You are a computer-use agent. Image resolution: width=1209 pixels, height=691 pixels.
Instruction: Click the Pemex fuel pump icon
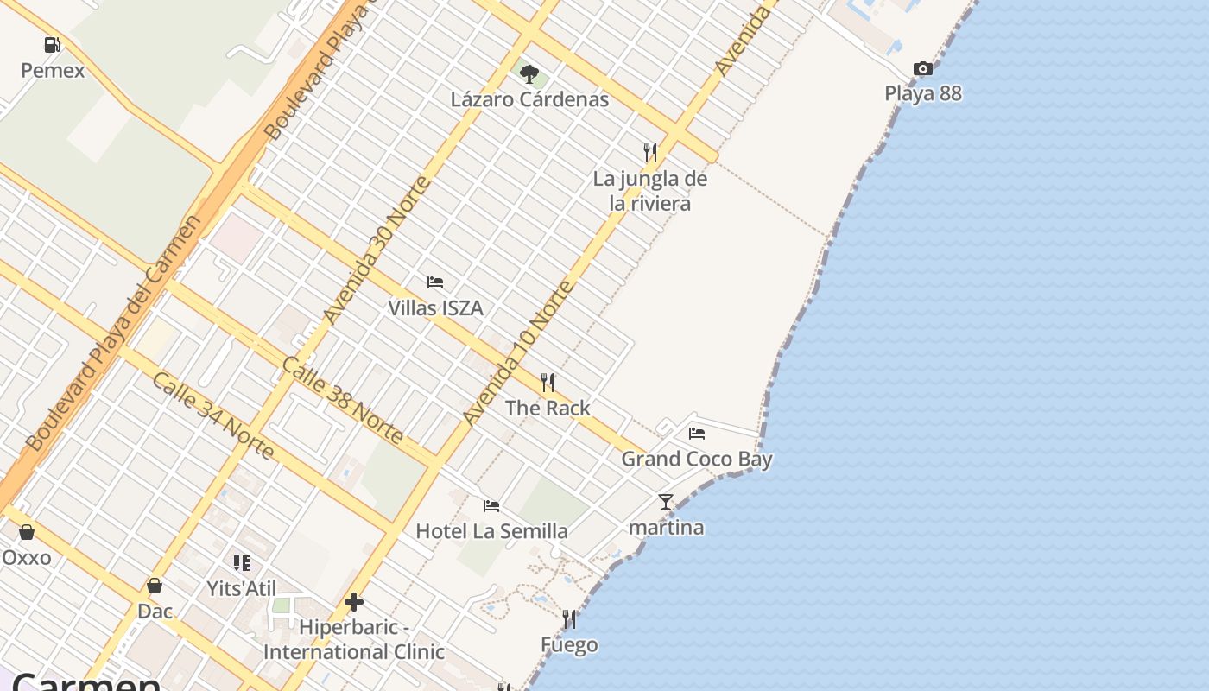(53, 45)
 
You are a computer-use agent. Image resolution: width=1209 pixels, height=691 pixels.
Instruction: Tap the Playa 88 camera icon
(922, 69)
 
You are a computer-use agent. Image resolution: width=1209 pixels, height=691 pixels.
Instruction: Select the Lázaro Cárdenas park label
(529, 99)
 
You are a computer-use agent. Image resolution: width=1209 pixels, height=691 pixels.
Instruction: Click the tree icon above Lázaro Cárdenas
(529, 74)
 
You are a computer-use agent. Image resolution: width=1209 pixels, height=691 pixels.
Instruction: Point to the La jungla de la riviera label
(649, 191)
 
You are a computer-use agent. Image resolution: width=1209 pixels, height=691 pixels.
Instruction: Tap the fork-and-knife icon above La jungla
(650, 153)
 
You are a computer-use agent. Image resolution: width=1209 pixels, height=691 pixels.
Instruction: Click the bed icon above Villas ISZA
(435, 282)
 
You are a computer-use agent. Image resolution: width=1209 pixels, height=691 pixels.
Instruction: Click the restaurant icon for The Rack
(547, 383)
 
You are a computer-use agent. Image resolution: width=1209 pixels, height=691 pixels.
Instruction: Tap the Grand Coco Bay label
(697, 459)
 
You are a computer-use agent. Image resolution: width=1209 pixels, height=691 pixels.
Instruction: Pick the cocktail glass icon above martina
(665, 502)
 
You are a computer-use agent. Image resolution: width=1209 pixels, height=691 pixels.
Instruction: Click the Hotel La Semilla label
(491, 531)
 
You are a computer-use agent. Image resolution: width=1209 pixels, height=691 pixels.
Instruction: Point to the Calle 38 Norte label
(342, 400)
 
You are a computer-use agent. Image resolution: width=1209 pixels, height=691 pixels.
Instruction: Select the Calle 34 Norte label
(213, 415)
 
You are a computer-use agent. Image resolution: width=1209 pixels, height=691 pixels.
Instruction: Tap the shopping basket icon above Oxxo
(27, 532)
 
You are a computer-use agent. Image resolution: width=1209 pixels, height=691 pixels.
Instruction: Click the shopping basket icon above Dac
(155, 586)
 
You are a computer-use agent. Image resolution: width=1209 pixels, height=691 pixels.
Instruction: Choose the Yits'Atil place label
(241, 589)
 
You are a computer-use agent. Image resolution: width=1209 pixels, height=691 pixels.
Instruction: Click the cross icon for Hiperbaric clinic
(354, 602)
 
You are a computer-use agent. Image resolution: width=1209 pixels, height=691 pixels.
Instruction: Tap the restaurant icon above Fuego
(569, 619)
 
